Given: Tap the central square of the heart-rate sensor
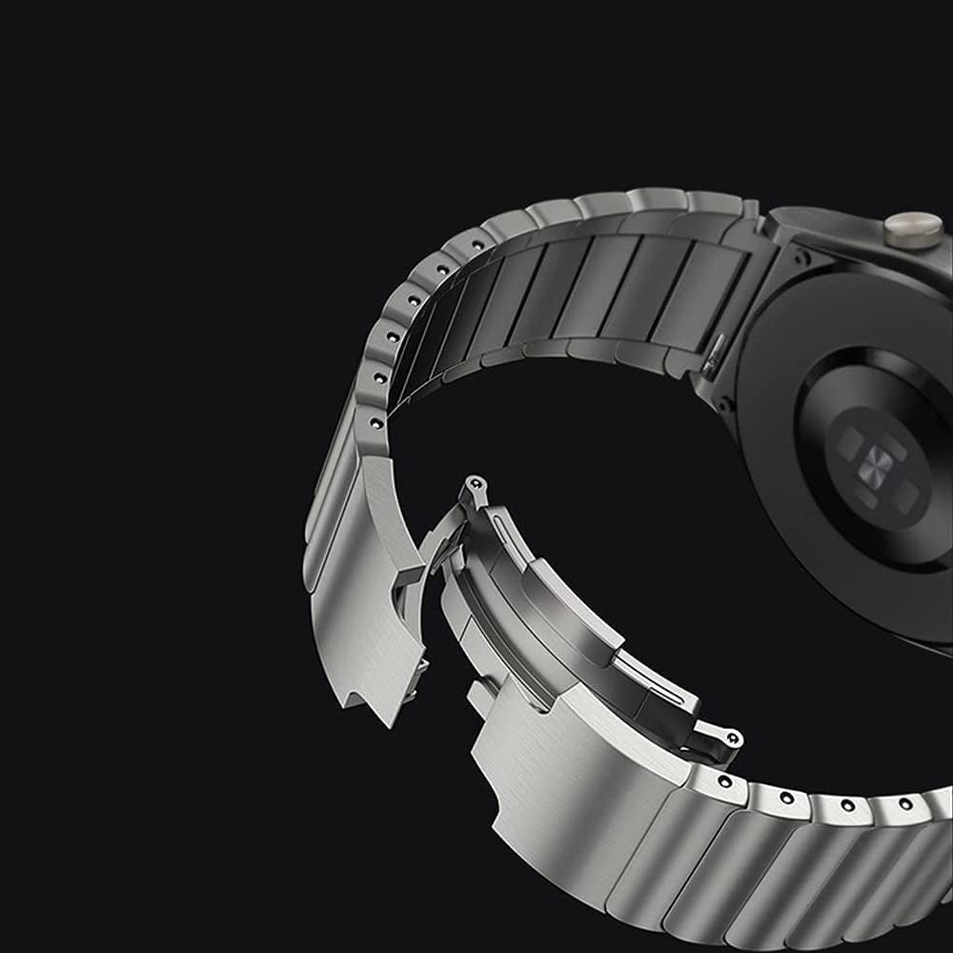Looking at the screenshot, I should (x=879, y=464).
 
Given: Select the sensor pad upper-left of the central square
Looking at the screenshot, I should (x=851, y=438).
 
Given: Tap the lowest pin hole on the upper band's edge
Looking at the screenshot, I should (x=375, y=421).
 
